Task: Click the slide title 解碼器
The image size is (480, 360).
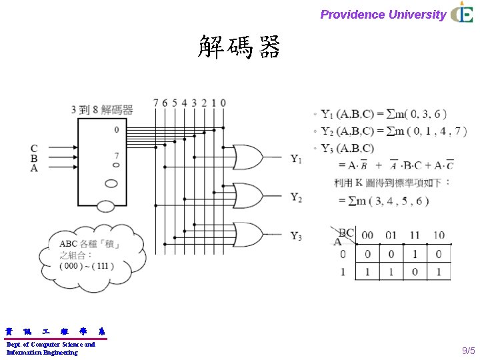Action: (x=239, y=47)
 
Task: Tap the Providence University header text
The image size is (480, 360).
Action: (x=383, y=15)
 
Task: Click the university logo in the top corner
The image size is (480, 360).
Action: (x=462, y=13)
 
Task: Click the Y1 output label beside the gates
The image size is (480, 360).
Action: (x=296, y=159)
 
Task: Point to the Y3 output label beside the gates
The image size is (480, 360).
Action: (x=296, y=236)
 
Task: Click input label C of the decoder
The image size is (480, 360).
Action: (x=34, y=148)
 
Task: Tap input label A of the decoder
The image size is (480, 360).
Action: (x=34, y=169)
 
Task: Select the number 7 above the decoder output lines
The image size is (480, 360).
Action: (x=155, y=103)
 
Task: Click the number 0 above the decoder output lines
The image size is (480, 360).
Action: (x=223, y=103)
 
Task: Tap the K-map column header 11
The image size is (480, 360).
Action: (x=415, y=235)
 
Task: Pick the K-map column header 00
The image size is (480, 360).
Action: (x=368, y=235)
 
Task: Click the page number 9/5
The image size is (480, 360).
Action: (x=469, y=351)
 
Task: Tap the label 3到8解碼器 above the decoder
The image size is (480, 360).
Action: (x=102, y=110)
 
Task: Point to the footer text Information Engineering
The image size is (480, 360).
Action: (x=42, y=353)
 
